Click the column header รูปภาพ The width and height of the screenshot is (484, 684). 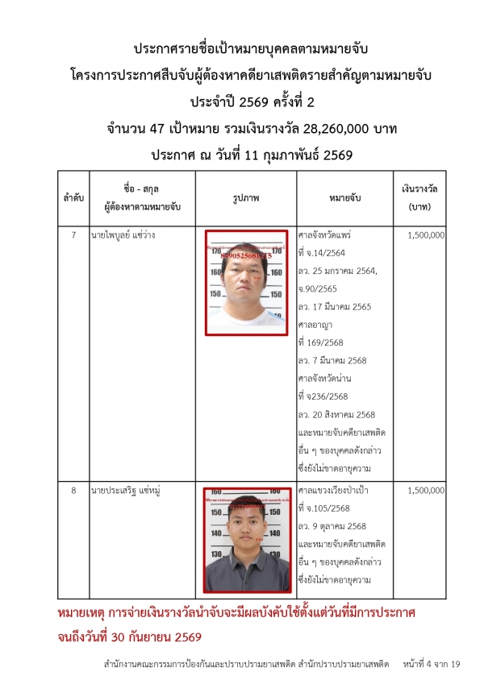click(x=247, y=196)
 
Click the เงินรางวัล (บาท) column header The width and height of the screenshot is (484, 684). click(x=419, y=196)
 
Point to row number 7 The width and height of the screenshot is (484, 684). click(x=73, y=235)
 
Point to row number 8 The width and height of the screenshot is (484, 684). click(x=73, y=490)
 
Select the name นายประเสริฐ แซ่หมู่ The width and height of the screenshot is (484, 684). click(x=124, y=490)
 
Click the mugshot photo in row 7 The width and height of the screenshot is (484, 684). click(x=247, y=282)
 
